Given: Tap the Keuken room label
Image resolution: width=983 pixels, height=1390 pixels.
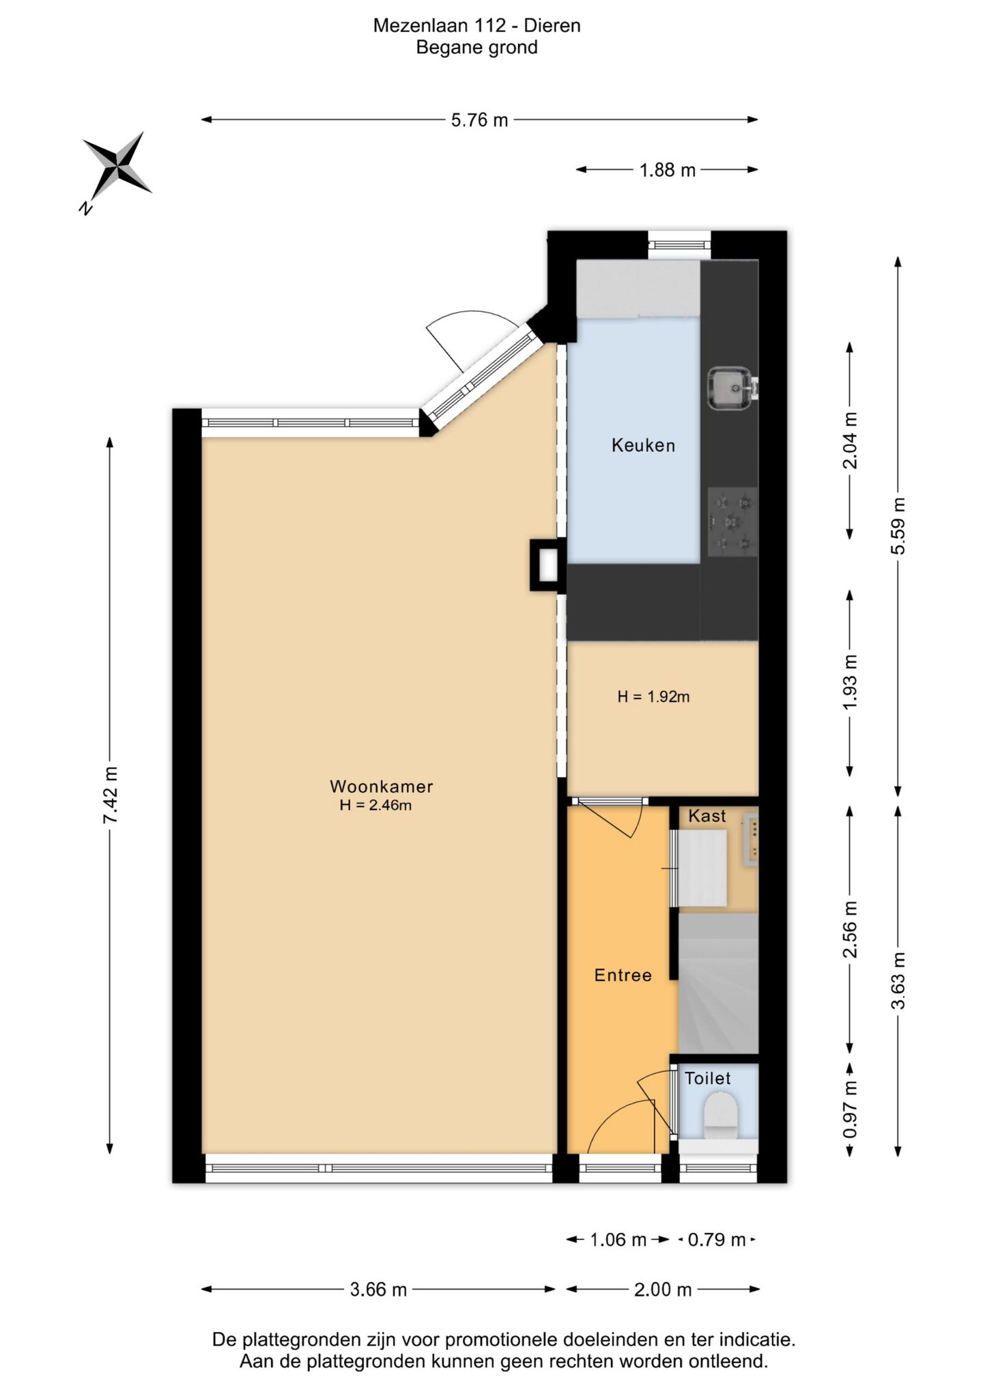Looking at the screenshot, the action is tap(643, 446).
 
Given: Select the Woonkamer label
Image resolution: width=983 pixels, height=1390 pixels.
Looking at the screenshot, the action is tap(381, 786).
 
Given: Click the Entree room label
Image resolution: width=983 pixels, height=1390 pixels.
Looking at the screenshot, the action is tap(623, 975).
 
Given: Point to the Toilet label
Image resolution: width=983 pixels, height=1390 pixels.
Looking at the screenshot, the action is tap(708, 1079).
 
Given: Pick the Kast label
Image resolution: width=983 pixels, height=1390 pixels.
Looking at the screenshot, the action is tap(707, 816).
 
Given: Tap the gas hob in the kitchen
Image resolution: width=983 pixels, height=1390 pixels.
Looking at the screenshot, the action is tap(732, 522).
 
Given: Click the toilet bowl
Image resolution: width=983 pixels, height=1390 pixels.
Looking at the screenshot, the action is tap(721, 1115).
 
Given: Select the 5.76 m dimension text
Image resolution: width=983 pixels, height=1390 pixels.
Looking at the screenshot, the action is tap(479, 120).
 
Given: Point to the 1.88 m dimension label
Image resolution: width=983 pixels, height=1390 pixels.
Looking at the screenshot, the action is tap(667, 170).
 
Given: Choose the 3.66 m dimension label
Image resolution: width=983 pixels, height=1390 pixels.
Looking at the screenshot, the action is tap(378, 1290).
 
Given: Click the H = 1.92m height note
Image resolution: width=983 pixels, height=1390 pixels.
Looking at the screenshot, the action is tap(653, 697).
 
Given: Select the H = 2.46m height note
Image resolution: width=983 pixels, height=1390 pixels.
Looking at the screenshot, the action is tap(375, 805).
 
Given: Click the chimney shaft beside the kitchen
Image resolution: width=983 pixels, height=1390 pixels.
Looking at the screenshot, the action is tap(548, 565).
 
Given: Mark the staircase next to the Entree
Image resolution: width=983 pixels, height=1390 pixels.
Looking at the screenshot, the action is tap(718, 983).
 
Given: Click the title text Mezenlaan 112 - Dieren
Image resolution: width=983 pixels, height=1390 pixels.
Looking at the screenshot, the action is tap(476, 26).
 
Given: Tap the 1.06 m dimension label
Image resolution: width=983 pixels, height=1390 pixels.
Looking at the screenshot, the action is tap(618, 1239).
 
